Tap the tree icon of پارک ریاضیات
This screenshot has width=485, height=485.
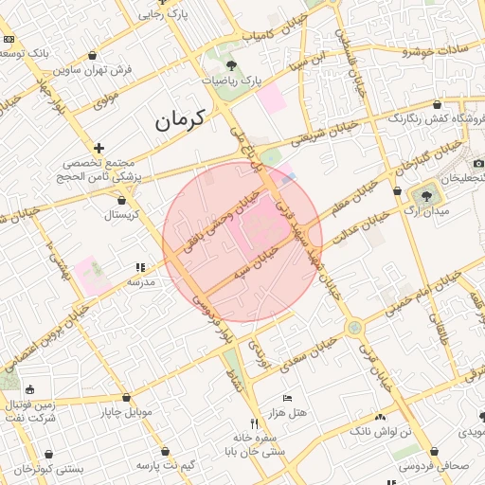click(x=231, y=66)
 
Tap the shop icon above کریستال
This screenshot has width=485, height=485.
click(x=122, y=200)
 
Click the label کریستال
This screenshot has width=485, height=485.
click(x=122, y=215)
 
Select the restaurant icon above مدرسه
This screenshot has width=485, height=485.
click(x=140, y=268)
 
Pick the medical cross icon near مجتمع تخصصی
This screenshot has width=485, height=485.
click(x=99, y=148)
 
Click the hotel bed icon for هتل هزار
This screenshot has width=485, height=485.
click(x=288, y=398)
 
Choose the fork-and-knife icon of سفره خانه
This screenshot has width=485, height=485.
click(x=253, y=423)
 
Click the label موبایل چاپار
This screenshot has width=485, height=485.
click(x=126, y=412)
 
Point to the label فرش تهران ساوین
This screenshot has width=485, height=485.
click(x=92, y=69)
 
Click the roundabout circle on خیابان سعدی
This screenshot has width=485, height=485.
click(x=354, y=328)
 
